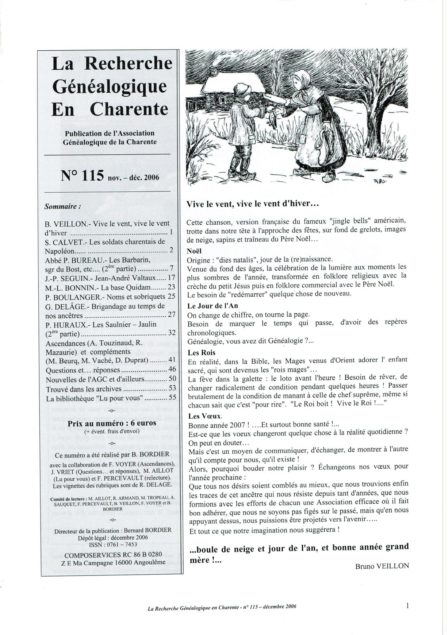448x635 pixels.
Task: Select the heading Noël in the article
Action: click(x=194, y=251)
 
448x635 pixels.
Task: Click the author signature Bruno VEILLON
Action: click(x=382, y=566)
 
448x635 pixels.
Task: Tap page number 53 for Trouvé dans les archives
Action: click(x=172, y=388)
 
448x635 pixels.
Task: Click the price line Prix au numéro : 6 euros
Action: click(x=112, y=423)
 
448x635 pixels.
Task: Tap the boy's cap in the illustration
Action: click(x=242, y=88)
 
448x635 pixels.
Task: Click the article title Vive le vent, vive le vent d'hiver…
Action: click(x=253, y=204)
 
